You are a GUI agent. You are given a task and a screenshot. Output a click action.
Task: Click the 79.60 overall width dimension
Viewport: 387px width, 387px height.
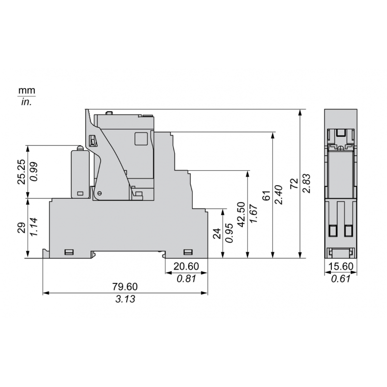click(125, 287)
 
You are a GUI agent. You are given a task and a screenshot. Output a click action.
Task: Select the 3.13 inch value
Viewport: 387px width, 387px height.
click(125, 299)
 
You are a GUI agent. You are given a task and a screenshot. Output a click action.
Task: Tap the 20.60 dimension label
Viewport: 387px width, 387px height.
click(186, 267)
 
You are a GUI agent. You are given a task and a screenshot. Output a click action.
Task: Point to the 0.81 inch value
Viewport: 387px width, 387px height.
click(186, 279)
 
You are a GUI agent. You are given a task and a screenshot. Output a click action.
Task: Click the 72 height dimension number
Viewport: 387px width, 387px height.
click(293, 184)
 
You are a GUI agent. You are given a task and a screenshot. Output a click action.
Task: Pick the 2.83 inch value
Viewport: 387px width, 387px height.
click(305, 184)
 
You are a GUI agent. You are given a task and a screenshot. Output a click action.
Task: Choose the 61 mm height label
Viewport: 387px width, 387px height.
click(266, 195)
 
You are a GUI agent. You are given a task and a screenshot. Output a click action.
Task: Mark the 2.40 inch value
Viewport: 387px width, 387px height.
click(278, 195)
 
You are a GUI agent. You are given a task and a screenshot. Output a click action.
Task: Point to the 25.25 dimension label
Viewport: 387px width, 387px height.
click(21, 171)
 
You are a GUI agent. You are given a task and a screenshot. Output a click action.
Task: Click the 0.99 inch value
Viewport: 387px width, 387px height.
click(34, 171)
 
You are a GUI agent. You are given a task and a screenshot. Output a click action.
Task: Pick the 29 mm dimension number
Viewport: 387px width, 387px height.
click(21, 228)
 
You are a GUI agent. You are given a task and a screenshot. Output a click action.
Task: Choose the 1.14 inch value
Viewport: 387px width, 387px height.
click(34, 228)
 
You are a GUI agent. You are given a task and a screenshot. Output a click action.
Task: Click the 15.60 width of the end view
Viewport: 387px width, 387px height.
click(341, 267)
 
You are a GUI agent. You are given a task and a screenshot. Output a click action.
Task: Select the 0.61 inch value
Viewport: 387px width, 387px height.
click(341, 279)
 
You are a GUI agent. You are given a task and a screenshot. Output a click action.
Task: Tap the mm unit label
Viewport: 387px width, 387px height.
click(27, 91)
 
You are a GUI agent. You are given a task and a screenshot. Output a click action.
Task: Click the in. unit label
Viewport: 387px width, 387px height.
click(27, 102)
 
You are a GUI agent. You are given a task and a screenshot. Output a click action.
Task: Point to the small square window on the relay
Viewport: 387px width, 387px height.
click(141, 138)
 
